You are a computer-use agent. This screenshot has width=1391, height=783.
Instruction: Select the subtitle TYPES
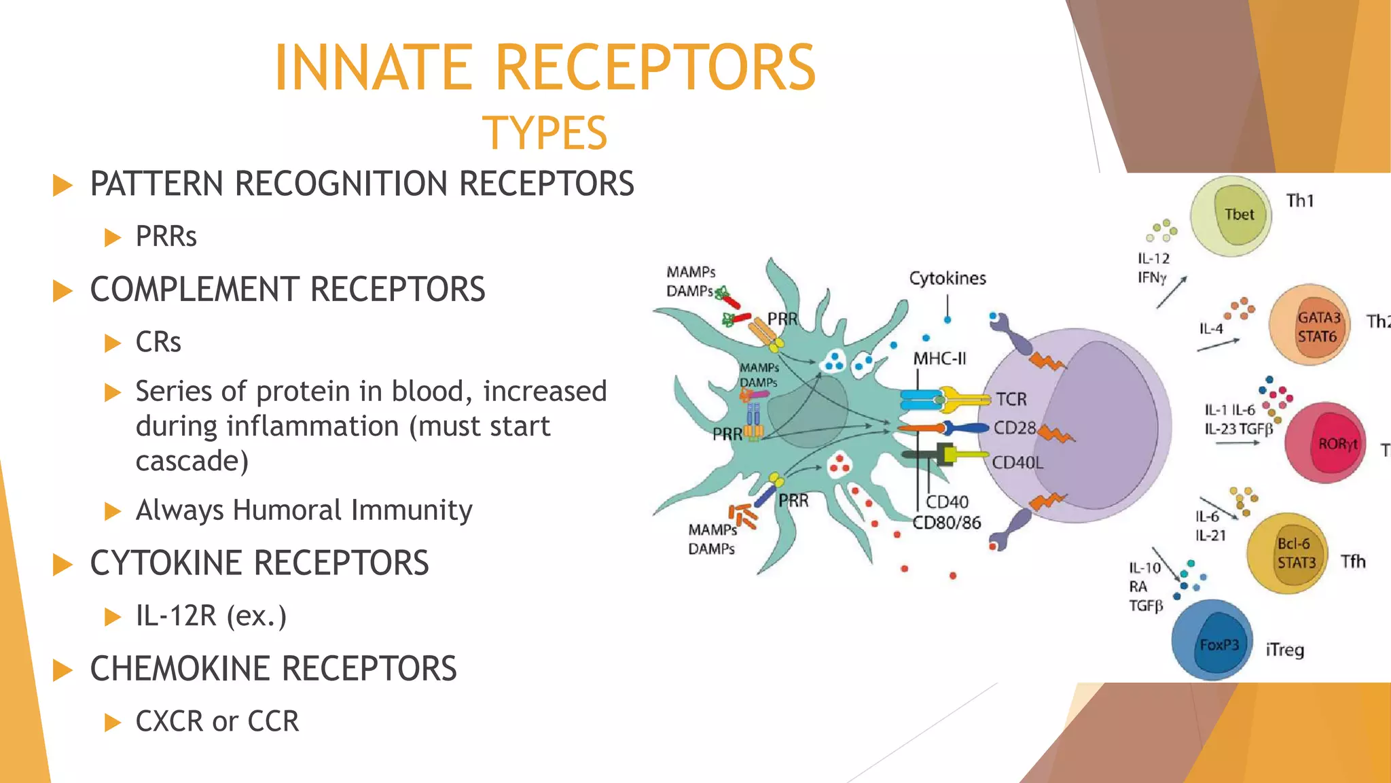pyautogui.click(x=545, y=133)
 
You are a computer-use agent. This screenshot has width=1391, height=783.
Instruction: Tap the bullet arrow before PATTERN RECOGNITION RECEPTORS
pyautogui.click(x=62, y=185)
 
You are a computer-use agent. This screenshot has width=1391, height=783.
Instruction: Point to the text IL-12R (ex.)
pyautogui.click(x=211, y=616)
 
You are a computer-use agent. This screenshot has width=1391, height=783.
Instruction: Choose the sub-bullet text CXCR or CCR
pyautogui.click(x=217, y=721)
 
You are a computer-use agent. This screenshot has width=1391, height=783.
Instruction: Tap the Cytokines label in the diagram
pyautogui.click(x=947, y=279)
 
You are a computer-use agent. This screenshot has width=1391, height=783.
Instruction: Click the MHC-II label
pyautogui.click(x=939, y=359)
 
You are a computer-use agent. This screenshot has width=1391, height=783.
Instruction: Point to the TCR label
pyautogui.click(x=1011, y=400)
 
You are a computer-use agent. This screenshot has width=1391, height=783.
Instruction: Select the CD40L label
pyautogui.click(x=1017, y=463)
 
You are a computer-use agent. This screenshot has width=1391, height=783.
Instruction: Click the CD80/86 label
pyautogui.click(x=946, y=523)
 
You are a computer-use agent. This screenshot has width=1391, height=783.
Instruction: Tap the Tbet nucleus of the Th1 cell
pyautogui.click(x=1240, y=215)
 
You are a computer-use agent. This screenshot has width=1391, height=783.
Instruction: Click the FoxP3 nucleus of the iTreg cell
pyautogui.click(x=1219, y=644)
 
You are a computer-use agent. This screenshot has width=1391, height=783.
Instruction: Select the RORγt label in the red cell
pyautogui.click(x=1337, y=444)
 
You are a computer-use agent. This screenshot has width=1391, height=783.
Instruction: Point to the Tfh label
pyautogui.click(x=1353, y=561)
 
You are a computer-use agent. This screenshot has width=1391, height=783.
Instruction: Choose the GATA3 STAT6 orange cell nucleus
pyautogui.click(x=1318, y=328)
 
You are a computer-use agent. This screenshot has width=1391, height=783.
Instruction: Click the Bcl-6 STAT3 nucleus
pyautogui.click(x=1296, y=553)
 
